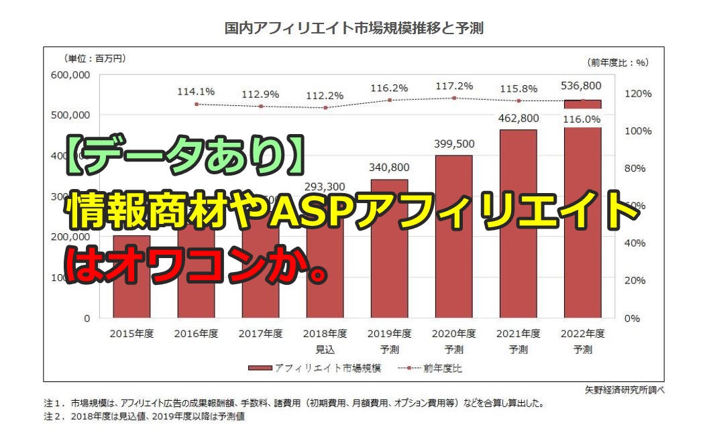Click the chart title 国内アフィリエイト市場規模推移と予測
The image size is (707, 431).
(353, 29)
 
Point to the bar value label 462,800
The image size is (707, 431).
(518, 119)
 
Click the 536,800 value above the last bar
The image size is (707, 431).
(582, 86)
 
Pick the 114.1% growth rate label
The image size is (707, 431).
(196, 92)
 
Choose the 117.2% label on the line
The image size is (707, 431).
(453, 86)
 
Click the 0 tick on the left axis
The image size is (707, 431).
(87, 318)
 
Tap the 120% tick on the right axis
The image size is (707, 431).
(637, 94)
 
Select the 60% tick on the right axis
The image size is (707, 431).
(637, 205)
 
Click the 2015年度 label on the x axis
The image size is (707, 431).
(131, 334)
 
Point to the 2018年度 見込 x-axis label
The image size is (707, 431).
(325, 341)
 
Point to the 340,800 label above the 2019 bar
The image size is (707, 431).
(390, 168)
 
